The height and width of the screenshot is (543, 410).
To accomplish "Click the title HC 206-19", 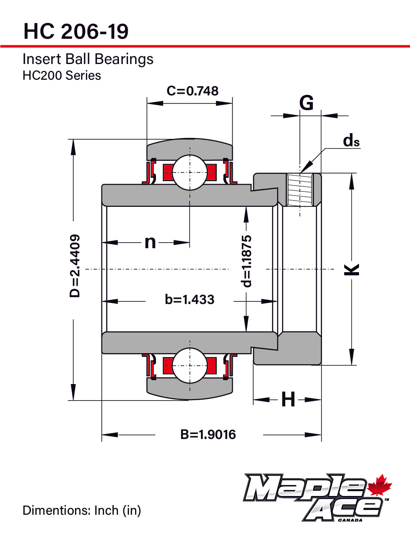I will pyautogui.click(x=76, y=31).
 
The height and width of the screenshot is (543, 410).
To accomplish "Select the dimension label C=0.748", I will pyautogui.click(x=193, y=91).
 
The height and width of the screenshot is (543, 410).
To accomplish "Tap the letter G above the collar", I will pyautogui.click(x=307, y=104).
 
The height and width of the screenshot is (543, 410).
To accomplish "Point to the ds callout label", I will pyautogui.click(x=351, y=141).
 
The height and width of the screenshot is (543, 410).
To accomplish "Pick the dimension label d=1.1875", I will pyautogui.click(x=247, y=261).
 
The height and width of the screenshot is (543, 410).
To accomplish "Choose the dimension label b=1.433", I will pyautogui.click(x=190, y=300).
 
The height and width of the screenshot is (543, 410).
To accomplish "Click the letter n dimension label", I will pyautogui.click(x=150, y=242).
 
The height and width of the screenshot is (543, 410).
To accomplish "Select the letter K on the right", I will pyautogui.click(x=352, y=269).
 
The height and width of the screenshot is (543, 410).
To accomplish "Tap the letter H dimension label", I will pyautogui.click(x=288, y=399).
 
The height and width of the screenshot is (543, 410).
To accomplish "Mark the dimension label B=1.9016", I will pyautogui.click(x=208, y=434).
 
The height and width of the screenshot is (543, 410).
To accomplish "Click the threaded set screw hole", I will pyautogui.click(x=300, y=190).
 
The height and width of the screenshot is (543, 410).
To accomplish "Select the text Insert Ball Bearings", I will pyautogui.click(x=88, y=59).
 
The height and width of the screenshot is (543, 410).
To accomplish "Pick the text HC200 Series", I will pyautogui.click(x=62, y=75).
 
